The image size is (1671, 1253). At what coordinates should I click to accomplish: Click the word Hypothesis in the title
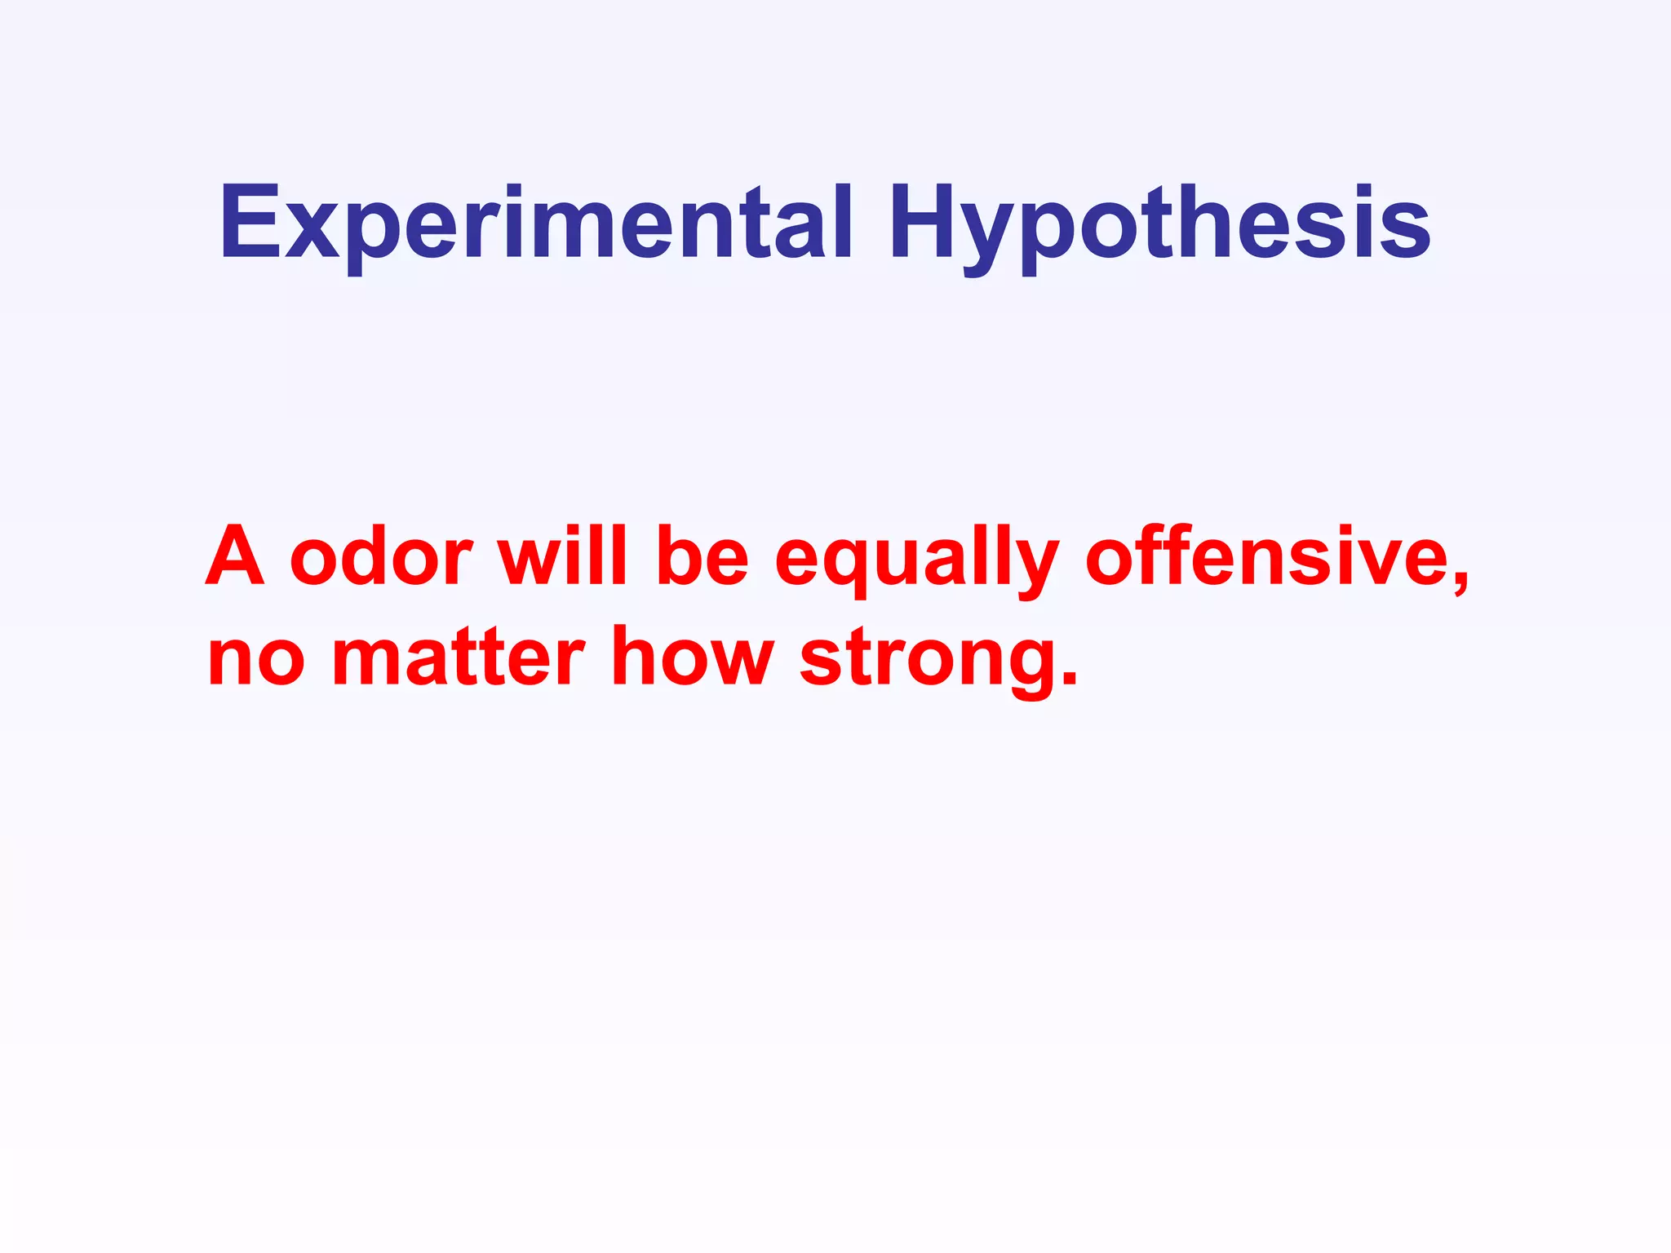1159,224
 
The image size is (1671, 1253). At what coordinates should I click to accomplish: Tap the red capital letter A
235,556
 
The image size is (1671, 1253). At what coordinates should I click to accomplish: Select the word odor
381,556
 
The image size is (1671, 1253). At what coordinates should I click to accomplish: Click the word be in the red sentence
702,556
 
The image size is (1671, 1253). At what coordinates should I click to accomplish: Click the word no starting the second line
255,659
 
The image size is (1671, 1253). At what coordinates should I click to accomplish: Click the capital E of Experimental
250,222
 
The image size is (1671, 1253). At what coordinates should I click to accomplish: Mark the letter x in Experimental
312,232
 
